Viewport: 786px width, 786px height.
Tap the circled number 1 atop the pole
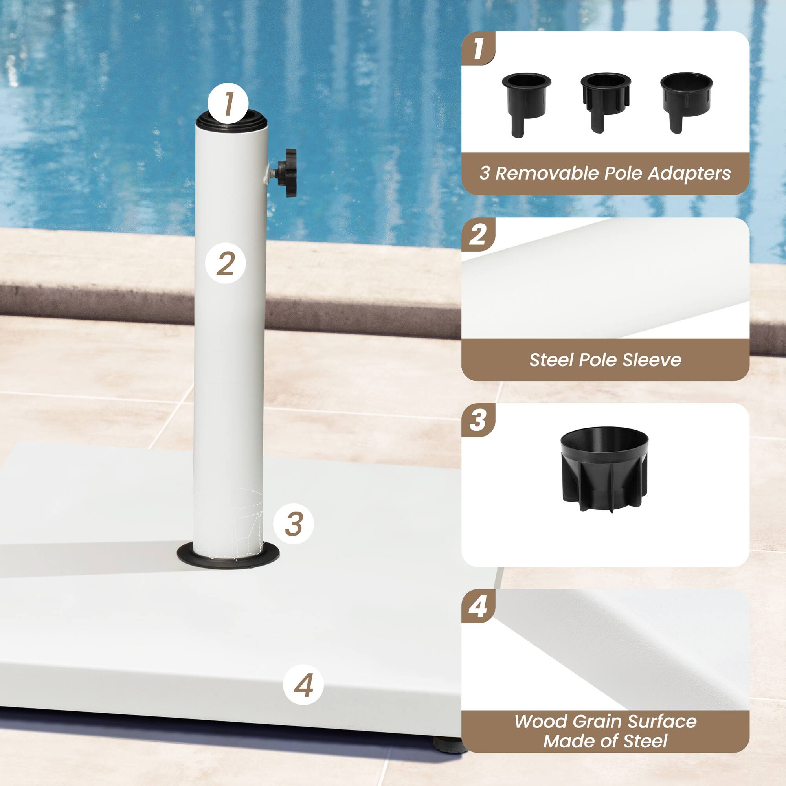pos(228,104)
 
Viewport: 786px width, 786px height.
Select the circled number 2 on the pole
pos(225,264)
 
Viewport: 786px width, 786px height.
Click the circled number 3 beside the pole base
pos(293,523)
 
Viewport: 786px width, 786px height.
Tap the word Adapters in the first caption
pos(689,173)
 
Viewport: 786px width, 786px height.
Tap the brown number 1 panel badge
pos(478,48)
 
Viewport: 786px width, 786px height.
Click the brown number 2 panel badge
pos(477,235)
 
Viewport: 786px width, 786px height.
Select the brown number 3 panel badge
pos(477,420)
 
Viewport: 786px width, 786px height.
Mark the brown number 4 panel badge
pos(477,606)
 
